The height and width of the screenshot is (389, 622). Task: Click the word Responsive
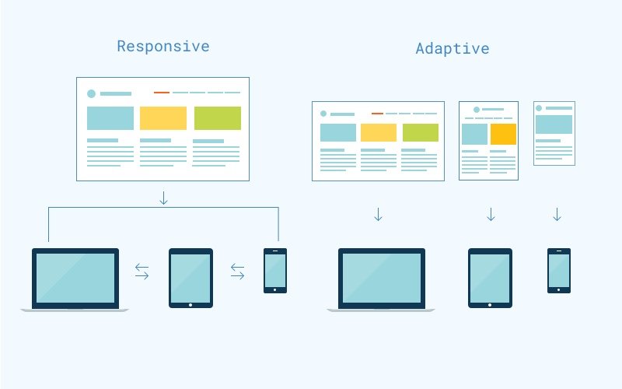click(163, 46)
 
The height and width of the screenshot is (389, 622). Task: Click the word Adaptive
click(453, 48)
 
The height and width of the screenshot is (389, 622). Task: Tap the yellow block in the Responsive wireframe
click(163, 118)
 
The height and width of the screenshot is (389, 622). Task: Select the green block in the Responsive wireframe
click(218, 118)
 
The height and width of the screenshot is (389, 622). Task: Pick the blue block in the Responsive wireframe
click(110, 118)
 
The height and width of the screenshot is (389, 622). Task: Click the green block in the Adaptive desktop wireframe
click(421, 132)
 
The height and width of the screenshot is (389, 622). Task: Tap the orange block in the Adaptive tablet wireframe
click(503, 134)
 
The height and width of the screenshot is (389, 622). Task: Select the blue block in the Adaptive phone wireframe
click(554, 124)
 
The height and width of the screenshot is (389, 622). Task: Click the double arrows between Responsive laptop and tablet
click(142, 272)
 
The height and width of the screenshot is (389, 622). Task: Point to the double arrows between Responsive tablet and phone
click(237, 272)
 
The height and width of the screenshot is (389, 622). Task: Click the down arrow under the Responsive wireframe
click(163, 198)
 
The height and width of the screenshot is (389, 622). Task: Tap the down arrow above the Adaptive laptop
click(378, 214)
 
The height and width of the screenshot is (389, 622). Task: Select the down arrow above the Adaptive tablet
click(491, 214)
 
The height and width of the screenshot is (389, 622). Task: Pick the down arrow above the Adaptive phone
click(557, 214)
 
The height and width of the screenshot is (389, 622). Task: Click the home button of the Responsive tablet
click(190, 304)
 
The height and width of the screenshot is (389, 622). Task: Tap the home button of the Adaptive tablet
click(490, 304)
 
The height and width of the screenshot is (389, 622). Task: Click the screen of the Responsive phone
click(275, 270)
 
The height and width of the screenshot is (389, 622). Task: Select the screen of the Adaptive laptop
click(382, 278)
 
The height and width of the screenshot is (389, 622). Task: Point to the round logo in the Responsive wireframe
click(92, 93)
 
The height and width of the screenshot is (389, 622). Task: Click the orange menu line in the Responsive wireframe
click(162, 93)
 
